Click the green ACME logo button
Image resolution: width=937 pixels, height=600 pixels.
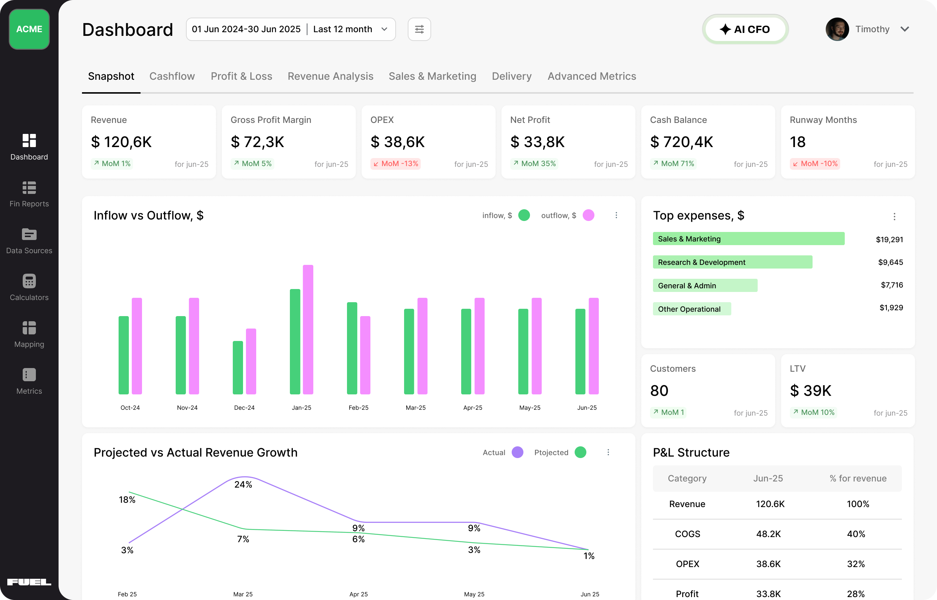point(29,29)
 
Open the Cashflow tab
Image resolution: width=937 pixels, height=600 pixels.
point(172,76)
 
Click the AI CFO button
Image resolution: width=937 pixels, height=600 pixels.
point(745,29)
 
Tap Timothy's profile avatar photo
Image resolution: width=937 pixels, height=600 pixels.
point(837,29)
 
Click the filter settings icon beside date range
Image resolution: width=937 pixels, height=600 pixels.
point(419,29)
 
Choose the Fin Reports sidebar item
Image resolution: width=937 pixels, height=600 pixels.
point(29,194)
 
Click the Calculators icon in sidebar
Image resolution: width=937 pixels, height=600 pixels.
point(29,281)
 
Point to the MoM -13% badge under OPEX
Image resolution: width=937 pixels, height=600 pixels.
point(395,164)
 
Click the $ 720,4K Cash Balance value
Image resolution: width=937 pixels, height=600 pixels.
point(681,142)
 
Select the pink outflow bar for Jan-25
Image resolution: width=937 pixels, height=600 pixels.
point(308,329)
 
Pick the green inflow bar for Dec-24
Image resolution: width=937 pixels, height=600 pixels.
point(238,367)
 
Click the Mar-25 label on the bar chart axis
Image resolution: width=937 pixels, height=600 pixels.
point(415,408)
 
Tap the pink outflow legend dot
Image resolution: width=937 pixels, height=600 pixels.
point(588,215)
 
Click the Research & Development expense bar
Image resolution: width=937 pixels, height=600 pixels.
point(732,262)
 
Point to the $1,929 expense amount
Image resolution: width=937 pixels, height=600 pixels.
point(891,307)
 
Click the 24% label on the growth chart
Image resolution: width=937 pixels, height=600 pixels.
point(243,484)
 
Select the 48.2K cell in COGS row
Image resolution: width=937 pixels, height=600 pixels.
point(768,534)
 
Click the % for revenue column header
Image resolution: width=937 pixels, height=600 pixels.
point(858,478)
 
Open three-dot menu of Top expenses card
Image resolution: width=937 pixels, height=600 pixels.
point(894,216)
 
